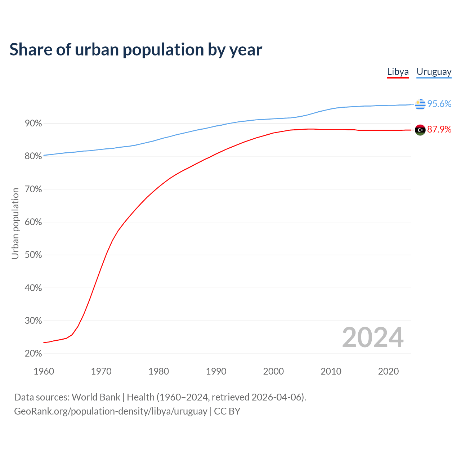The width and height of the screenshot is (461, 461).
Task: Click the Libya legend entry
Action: click(x=398, y=72)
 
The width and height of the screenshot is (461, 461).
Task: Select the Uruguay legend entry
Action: click(x=434, y=72)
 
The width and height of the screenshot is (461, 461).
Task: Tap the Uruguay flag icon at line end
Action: click(x=420, y=104)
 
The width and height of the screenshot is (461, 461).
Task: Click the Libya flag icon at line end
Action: click(x=420, y=130)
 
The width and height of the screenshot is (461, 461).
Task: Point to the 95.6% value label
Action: click(x=439, y=104)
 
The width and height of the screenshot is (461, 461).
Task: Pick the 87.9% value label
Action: click(x=439, y=130)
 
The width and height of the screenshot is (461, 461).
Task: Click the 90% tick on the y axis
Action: click(x=33, y=124)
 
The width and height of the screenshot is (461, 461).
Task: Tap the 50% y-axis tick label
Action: click(x=33, y=255)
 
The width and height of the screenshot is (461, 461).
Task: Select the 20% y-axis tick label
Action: click(x=33, y=354)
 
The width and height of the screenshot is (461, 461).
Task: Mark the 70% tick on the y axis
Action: click(x=33, y=189)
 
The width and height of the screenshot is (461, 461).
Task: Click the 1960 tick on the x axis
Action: click(x=44, y=371)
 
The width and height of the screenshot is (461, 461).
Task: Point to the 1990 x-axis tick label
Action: click(x=216, y=371)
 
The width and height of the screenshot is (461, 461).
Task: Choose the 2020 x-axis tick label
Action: click(x=388, y=371)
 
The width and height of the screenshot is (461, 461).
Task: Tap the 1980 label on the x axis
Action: click(x=158, y=371)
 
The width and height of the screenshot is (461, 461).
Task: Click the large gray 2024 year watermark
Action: click(x=373, y=337)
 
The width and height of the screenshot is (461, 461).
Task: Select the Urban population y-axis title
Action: click(x=15, y=223)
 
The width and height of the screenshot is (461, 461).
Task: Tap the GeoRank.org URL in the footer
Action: click(x=111, y=411)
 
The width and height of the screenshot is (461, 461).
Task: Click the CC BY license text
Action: click(x=227, y=411)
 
